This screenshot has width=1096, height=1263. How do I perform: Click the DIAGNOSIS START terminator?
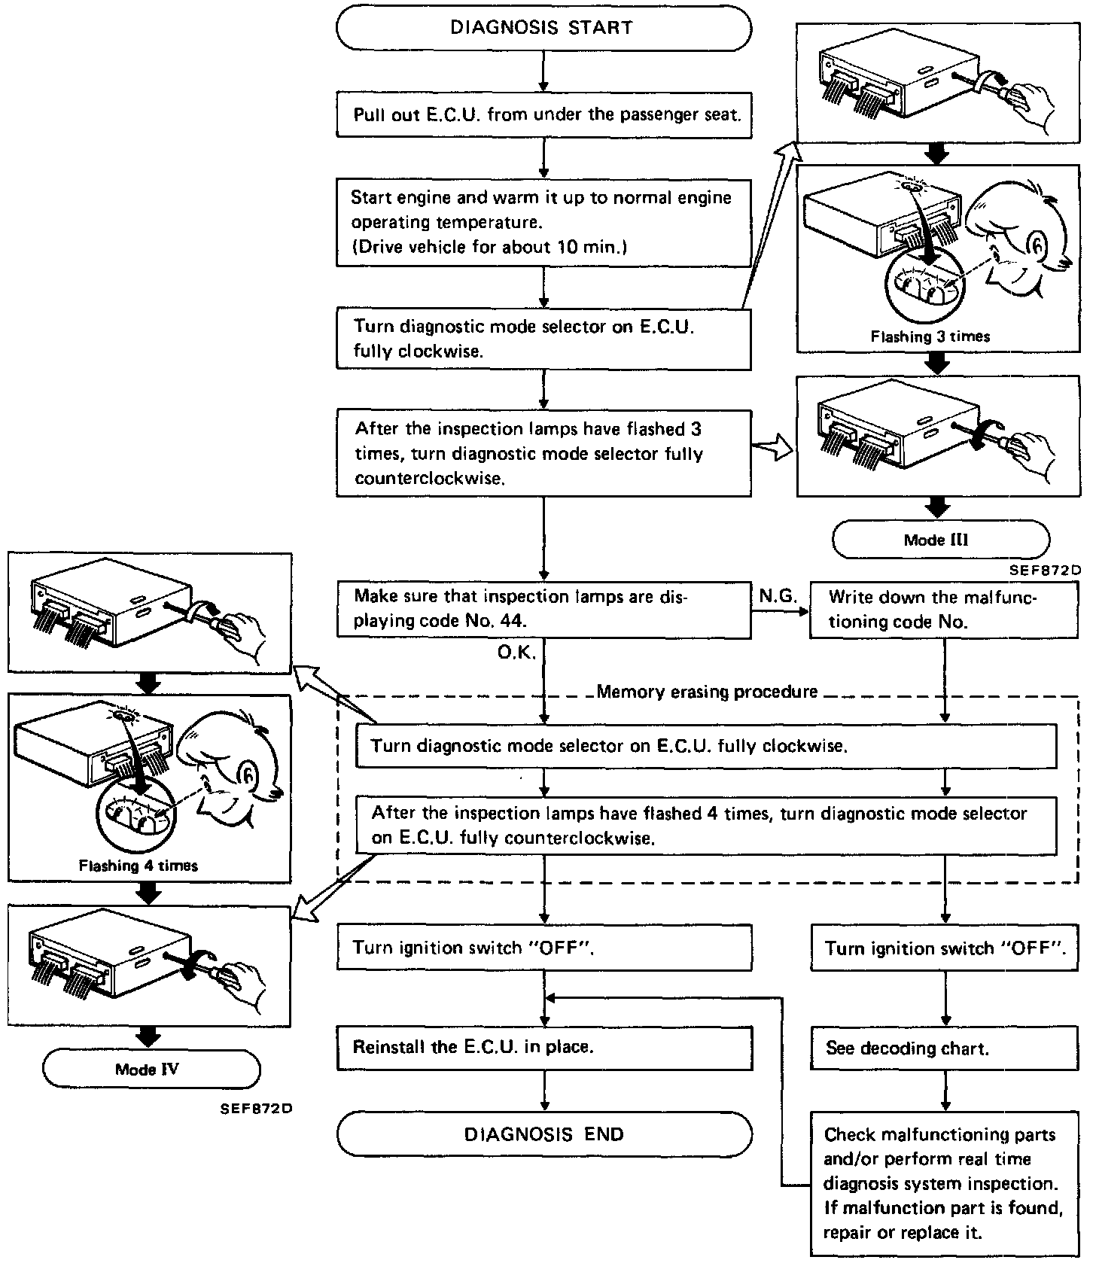[x=543, y=29]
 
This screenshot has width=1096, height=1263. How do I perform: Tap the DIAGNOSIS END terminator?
[x=543, y=1134]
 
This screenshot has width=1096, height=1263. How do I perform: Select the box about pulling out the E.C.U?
[x=543, y=116]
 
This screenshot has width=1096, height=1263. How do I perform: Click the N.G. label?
[x=778, y=597]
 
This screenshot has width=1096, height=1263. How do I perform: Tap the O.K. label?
[x=516, y=653]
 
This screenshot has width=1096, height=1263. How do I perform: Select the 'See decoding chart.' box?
[x=944, y=1048]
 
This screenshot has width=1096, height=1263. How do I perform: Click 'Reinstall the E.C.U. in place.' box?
[x=543, y=1047]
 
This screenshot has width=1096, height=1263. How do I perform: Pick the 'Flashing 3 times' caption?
[x=930, y=336]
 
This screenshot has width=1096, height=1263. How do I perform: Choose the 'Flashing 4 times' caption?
[x=139, y=866]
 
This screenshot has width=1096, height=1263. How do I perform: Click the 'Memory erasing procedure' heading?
[x=706, y=692]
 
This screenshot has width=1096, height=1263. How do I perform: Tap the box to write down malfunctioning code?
[x=944, y=610]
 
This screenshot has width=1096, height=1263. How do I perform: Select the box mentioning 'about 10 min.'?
[x=543, y=222]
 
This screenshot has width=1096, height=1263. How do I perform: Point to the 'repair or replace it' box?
[x=944, y=1183]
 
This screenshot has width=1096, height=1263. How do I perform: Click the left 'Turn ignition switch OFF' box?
[x=543, y=948]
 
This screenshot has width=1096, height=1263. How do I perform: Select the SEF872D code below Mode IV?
[x=256, y=1109]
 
